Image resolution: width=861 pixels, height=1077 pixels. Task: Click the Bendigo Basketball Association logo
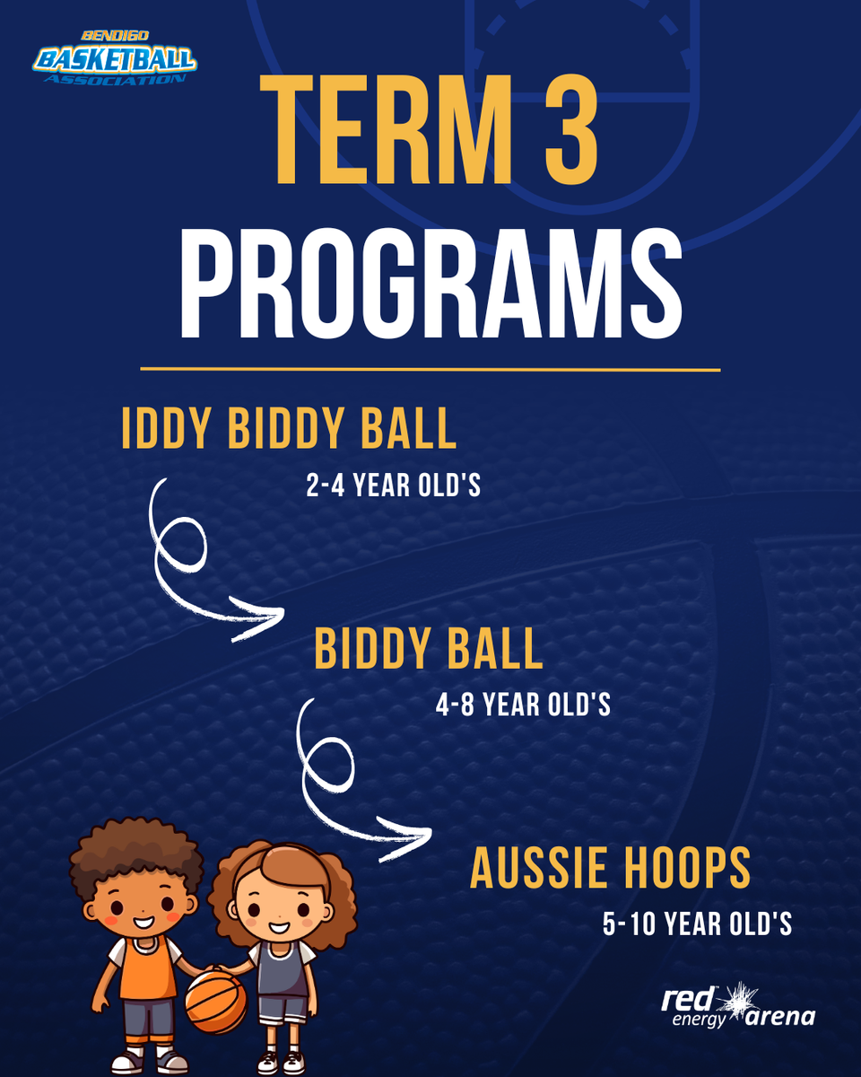(115, 58)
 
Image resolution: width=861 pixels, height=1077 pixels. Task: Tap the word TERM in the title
(387, 130)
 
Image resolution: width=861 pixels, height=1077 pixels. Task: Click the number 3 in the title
(571, 130)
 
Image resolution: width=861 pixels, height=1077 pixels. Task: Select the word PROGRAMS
(431, 284)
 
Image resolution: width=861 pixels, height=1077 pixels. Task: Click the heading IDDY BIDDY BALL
(289, 428)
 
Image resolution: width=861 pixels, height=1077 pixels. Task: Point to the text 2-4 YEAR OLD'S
(393, 485)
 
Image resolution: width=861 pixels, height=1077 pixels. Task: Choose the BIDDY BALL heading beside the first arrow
(428, 649)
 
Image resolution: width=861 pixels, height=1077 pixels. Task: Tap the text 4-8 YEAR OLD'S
(523, 705)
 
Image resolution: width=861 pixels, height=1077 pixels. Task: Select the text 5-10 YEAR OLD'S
(698, 924)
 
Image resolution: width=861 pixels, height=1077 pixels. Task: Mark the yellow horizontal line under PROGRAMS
(430, 370)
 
